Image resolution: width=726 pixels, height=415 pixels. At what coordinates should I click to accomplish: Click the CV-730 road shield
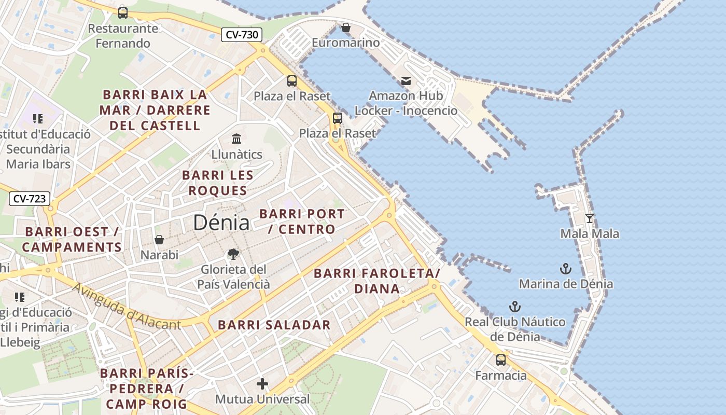tap(242, 35)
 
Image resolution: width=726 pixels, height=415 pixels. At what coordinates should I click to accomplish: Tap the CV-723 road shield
tap(30, 198)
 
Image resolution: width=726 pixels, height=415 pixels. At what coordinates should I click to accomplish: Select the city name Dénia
tap(221, 223)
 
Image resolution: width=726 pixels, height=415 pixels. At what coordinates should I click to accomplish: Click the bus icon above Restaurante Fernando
tap(123, 12)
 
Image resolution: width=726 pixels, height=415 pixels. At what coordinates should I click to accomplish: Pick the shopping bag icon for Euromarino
tap(346, 27)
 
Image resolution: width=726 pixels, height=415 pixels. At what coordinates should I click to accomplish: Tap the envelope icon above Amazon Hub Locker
tap(406, 81)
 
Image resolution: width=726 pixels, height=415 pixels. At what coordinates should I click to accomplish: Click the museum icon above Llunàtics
tap(237, 139)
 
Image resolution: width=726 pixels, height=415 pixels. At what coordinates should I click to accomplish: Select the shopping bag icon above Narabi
tap(159, 240)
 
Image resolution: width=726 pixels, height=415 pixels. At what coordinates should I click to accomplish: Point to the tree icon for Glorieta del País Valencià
tap(233, 254)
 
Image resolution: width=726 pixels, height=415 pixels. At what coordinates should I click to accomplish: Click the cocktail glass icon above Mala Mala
tap(590, 218)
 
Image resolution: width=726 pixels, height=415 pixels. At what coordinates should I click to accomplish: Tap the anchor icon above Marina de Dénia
tap(566, 269)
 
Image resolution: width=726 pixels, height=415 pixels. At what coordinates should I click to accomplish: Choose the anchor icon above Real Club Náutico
tap(514, 306)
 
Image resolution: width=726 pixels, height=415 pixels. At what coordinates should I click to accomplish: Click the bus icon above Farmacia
tap(501, 360)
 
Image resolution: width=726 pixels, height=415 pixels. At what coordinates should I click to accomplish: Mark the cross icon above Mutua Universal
tap(262, 384)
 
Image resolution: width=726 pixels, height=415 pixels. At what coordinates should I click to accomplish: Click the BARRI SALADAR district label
tap(274, 325)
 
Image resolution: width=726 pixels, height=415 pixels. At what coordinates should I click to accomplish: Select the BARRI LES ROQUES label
tap(218, 183)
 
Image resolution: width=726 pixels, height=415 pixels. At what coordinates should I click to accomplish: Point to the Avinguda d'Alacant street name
tap(127, 307)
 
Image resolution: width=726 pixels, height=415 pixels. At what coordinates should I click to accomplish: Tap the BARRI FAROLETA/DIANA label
tap(377, 281)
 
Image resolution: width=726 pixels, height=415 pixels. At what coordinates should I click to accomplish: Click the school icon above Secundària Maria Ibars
tap(38, 119)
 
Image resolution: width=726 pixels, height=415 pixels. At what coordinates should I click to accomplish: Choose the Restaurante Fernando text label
tap(123, 36)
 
